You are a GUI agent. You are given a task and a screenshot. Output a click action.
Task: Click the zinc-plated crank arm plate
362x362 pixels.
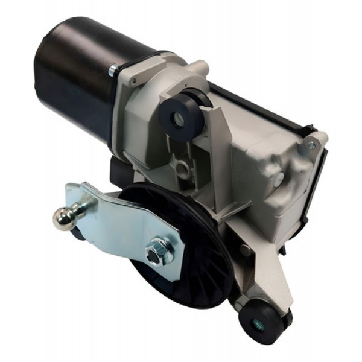[x=121, y=223]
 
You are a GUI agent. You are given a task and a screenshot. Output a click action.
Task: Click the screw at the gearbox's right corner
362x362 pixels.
[x=311, y=145]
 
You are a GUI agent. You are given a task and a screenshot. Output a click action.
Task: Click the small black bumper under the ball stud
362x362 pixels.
[x=78, y=232]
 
